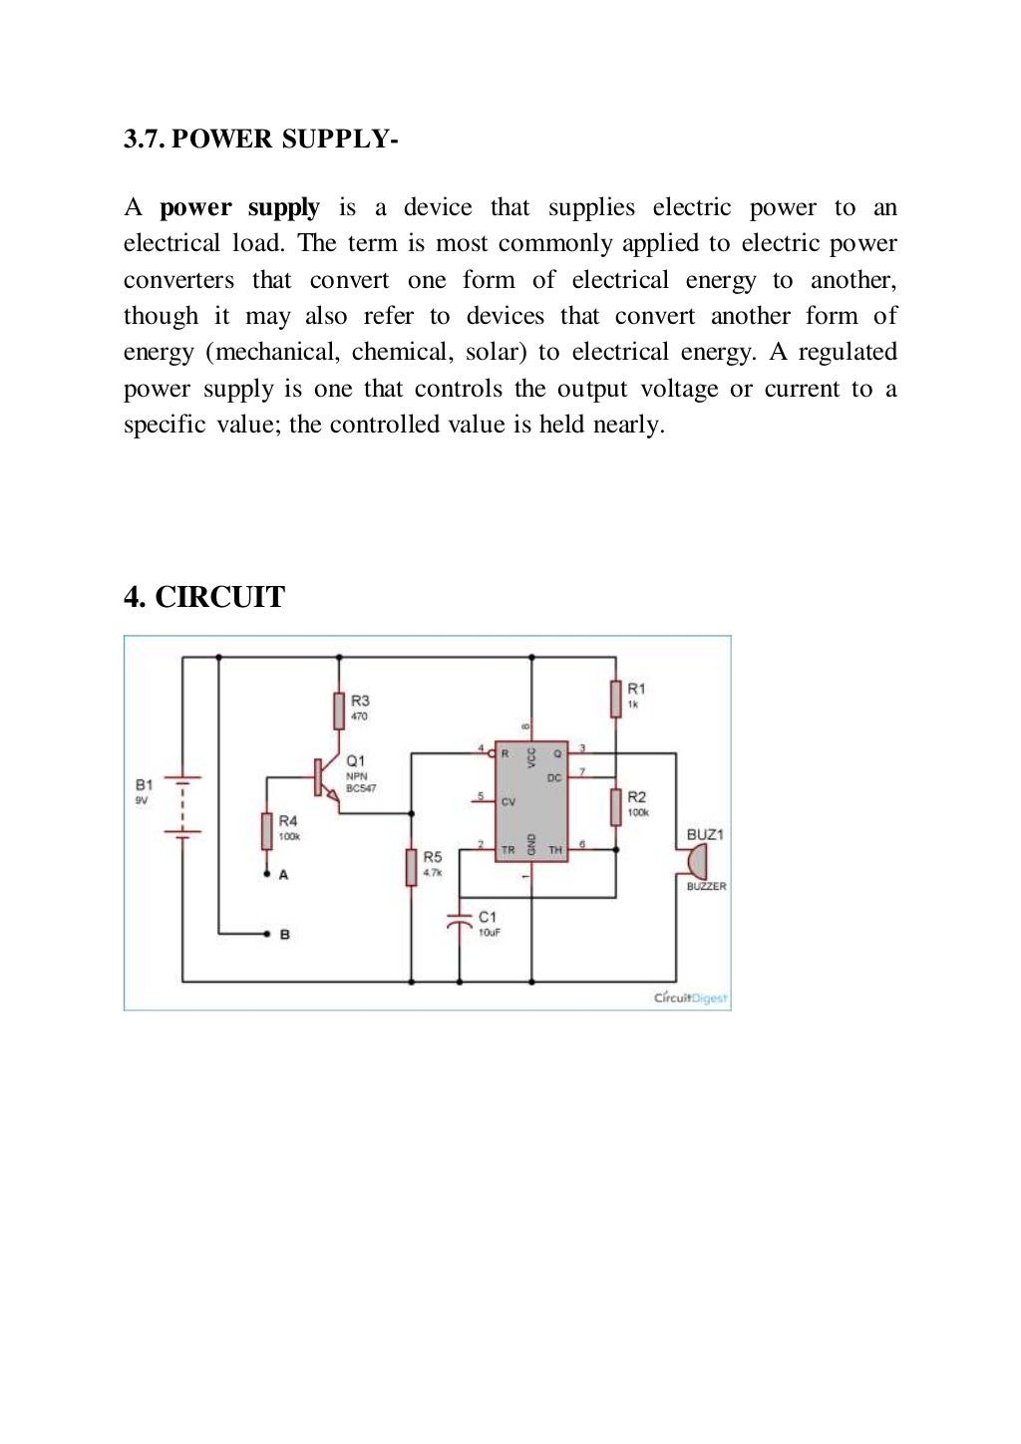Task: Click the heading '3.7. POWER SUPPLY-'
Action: pos(261,139)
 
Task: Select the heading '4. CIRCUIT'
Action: pos(204,597)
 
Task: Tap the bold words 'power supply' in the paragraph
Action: pos(239,207)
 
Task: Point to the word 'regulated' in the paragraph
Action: pos(847,352)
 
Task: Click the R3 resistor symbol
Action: pos(339,711)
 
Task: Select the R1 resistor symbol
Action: pos(616,698)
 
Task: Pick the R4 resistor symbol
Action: pos(266,830)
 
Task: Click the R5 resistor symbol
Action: pos(411,866)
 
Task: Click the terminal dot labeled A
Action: pos(266,875)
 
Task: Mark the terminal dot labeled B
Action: pos(266,934)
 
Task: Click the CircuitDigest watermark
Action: pos(690,998)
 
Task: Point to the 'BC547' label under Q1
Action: pos(361,788)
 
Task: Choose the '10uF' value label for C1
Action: pos(489,933)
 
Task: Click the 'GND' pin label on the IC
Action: pos(531,843)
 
